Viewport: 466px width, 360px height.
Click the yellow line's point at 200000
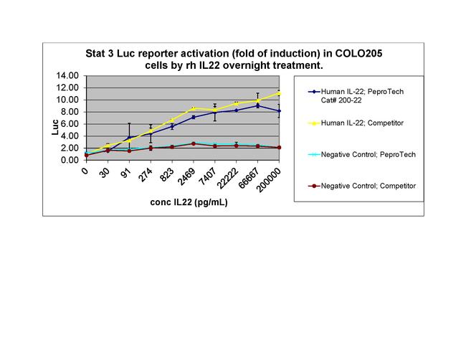point(279,93)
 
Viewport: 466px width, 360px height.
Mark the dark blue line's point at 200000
point(279,111)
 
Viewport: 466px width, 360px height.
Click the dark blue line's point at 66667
point(257,105)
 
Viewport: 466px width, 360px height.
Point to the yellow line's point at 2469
point(193,108)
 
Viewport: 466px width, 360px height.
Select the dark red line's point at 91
point(128,151)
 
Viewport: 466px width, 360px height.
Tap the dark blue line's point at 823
point(171,126)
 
